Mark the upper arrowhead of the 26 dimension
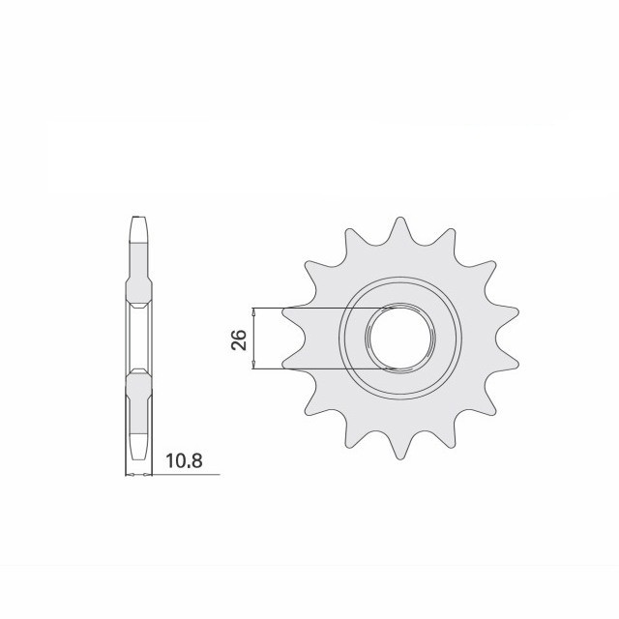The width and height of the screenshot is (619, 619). pyautogui.click(x=253, y=312)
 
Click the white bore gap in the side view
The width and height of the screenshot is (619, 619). pyautogui.click(x=139, y=338)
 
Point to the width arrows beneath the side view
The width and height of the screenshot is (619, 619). pyautogui.click(x=139, y=475)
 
